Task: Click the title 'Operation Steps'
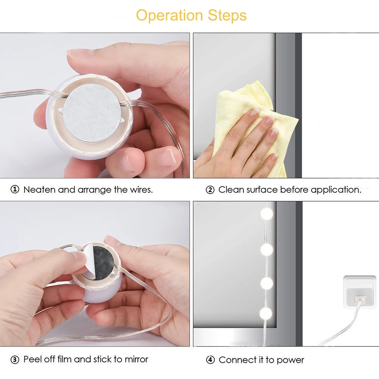(x=191, y=16)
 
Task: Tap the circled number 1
(x=15, y=189)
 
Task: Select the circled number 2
(x=210, y=190)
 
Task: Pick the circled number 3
(x=15, y=360)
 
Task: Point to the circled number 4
(x=210, y=360)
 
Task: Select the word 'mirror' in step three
(x=136, y=359)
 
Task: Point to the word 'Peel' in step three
(x=33, y=359)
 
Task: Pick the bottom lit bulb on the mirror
(x=266, y=313)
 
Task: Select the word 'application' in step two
(x=336, y=190)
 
